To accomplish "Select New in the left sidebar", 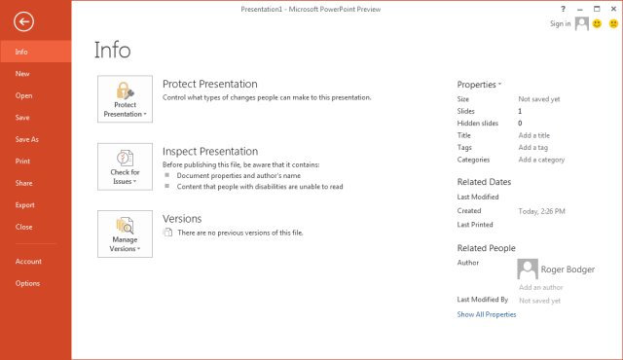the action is [x=22, y=73].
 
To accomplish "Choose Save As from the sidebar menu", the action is [x=27, y=139].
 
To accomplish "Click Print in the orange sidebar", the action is [x=22, y=161].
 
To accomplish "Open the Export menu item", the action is [x=25, y=205].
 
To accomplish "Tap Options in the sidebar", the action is [x=27, y=283].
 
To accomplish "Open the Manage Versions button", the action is [x=125, y=233].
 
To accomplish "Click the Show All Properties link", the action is [x=487, y=314].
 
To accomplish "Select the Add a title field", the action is [x=535, y=135].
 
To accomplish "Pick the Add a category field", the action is [x=541, y=160].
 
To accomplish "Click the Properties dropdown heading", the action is [x=479, y=85].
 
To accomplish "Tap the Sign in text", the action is [x=560, y=23].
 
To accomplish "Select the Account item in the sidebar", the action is [x=28, y=261].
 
